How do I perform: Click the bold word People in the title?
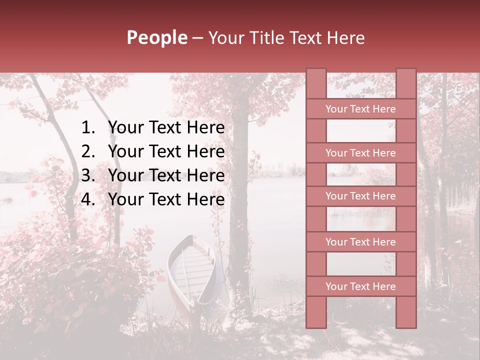[156, 38]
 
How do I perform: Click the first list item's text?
[166, 128]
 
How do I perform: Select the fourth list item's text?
[166, 199]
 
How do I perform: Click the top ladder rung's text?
[360, 109]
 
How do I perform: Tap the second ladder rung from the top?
[360, 153]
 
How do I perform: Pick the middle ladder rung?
[360, 196]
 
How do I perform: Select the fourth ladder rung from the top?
[360, 242]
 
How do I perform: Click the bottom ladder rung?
[360, 286]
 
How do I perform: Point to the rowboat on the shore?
[191, 270]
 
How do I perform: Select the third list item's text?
[166, 175]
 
